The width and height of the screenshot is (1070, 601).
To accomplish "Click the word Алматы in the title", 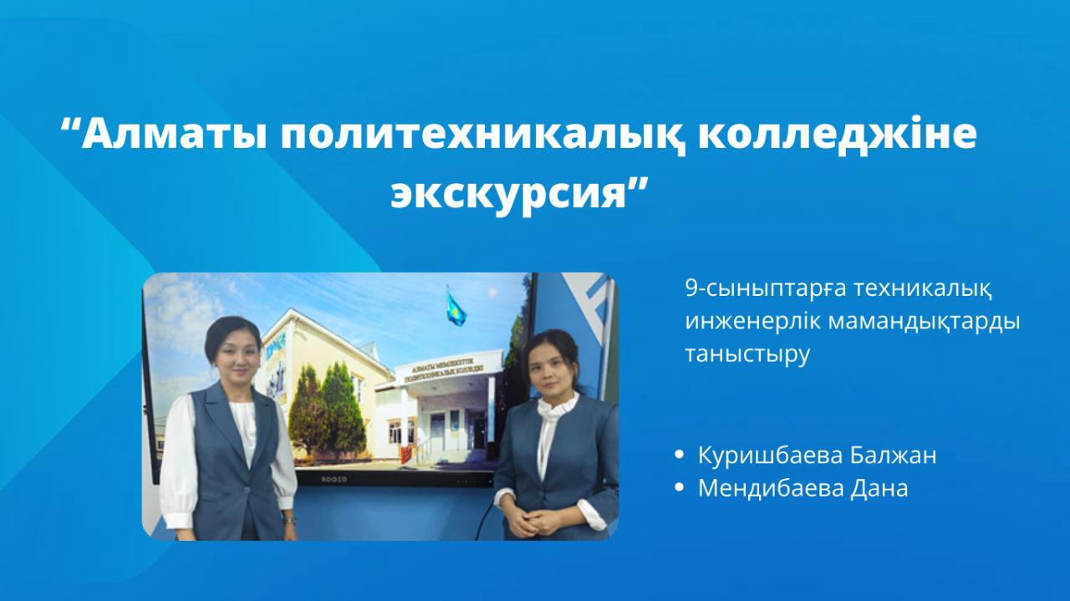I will [174, 135].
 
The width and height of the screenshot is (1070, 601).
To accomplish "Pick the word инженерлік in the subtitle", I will [747, 322].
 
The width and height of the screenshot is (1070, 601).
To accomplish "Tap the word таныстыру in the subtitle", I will [747, 354].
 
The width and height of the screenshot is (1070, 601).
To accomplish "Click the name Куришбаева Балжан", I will [817, 456].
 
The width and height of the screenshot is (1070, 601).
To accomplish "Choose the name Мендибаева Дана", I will [802, 488].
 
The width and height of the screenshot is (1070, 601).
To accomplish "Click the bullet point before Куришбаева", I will [679, 456].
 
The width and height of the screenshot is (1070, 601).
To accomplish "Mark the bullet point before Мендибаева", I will [679, 488].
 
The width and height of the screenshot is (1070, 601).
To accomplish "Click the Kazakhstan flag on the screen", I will [456, 308].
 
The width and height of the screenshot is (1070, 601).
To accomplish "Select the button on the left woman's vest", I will [247, 487].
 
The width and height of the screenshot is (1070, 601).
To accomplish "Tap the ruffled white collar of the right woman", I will [555, 407].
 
